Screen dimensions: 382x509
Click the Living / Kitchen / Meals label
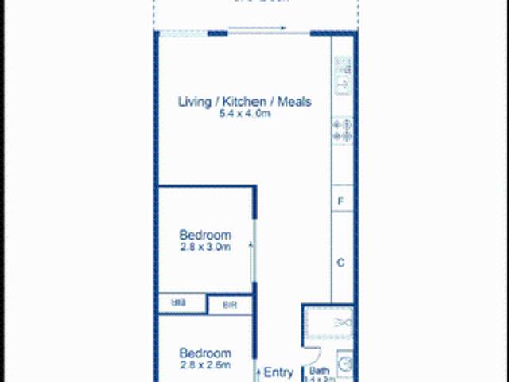pyautogui.click(x=243, y=101)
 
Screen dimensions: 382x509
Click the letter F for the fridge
pyautogui.click(x=340, y=201)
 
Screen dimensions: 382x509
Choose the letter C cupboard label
pyautogui.click(x=340, y=262)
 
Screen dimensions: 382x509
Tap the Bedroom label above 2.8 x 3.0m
pyautogui.click(x=205, y=235)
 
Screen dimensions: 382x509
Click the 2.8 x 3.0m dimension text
pyautogui.click(x=205, y=247)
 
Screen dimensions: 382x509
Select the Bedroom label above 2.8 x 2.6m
pyautogui.click(x=205, y=353)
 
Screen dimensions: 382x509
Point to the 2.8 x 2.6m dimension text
pyautogui.click(x=205, y=365)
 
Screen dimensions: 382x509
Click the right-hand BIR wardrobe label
pyautogui.click(x=229, y=304)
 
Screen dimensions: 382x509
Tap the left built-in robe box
pyautogui.click(x=181, y=304)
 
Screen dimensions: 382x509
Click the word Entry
pyautogui.click(x=278, y=372)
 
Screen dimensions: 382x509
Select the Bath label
pyautogui.click(x=319, y=371)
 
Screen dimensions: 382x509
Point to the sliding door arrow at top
pyautogui.click(x=258, y=29)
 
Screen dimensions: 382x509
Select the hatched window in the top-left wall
pyautogui.click(x=183, y=33)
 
